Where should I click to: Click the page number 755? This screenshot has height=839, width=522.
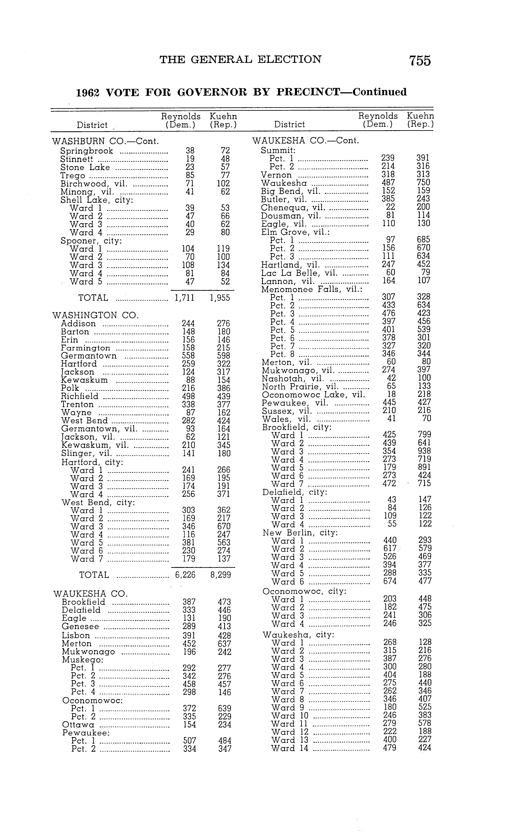pyautogui.click(x=420, y=61)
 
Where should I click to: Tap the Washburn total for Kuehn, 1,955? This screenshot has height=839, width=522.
pyautogui.click(x=220, y=298)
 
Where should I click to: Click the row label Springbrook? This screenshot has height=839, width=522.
pyautogui.click(x=87, y=151)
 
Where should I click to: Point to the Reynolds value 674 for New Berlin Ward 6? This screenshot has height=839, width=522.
pyautogui.click(x=390, y=581)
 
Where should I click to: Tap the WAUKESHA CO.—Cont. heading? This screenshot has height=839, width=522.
pyautogui.click(x=306, y=141)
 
